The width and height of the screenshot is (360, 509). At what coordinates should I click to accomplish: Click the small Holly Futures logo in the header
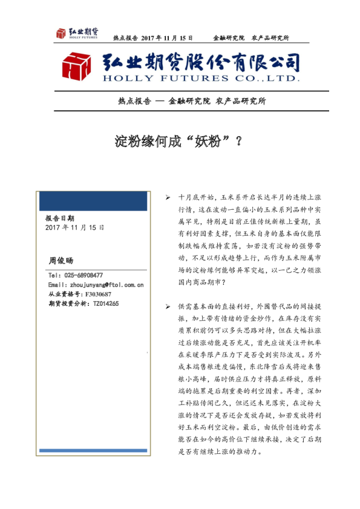click(77, 34)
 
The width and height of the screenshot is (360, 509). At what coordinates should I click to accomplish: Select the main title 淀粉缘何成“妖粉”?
click(179, 141)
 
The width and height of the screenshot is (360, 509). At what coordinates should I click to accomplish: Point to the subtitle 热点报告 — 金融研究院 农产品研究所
click(192, 102)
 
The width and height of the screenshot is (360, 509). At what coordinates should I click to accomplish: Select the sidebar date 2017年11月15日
click(74, 227)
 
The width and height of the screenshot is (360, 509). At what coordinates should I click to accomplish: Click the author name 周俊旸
click(59, 261)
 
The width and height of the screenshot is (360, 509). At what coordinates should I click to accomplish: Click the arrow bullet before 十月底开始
click(168, 198)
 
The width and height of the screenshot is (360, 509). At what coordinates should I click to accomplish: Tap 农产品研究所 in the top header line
click(270, 38)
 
